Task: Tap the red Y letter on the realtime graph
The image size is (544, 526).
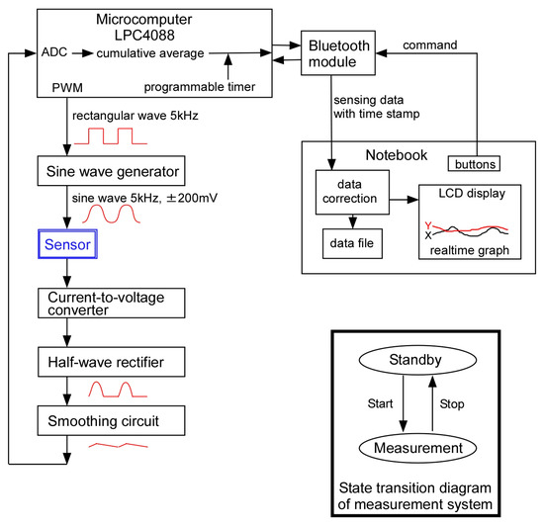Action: coord(428,223)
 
